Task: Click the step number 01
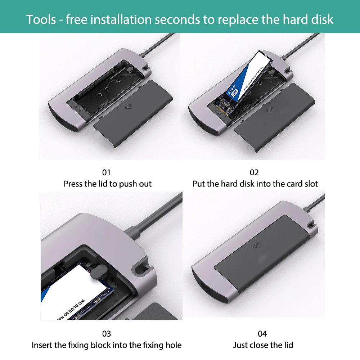pos(107,172)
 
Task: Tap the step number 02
pos(254,172)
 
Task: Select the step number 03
pos(107,334)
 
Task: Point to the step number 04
pos(262,334)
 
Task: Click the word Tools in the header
pos(41,19)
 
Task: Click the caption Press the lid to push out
pos(108,184)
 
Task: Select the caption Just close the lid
pos(263,345)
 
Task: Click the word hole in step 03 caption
pos(173,345)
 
